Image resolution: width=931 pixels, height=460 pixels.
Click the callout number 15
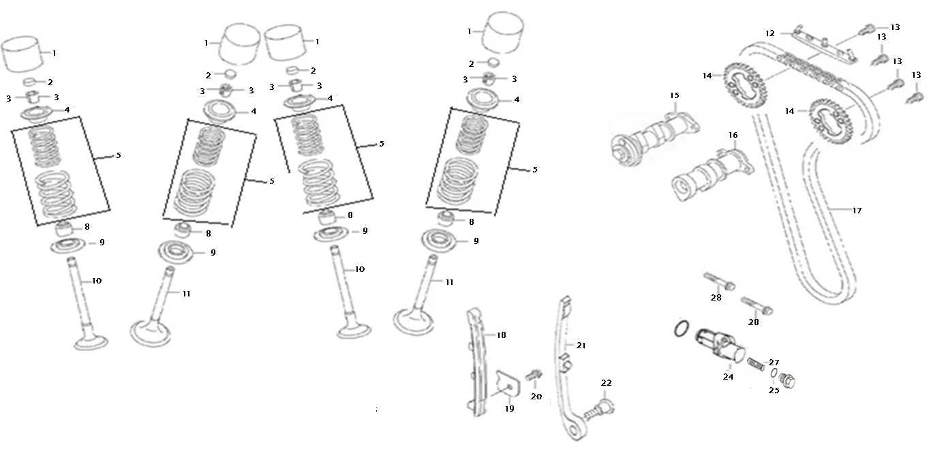coord(674,95)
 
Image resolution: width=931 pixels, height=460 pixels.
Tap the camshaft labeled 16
coord(712,175)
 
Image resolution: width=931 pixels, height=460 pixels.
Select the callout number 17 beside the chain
coord(857,211)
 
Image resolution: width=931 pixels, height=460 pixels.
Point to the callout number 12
coord(769,33)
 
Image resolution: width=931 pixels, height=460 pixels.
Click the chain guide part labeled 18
coord(476,361)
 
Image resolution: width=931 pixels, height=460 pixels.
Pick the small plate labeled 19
coord(508,384)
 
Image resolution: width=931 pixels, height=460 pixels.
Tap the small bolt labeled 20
coord(533,375)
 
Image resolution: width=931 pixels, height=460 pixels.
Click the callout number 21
coord(581,346)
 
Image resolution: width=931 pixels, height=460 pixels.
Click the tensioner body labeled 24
coord(720,346)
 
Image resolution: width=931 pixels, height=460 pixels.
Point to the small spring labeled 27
coord(756,364)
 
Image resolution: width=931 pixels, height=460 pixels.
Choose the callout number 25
coord(774,390)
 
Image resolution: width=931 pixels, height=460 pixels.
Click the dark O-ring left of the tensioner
coord(681,328)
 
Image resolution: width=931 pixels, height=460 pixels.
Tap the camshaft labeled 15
coord(654,139)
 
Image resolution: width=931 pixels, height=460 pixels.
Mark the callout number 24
coord(728,376)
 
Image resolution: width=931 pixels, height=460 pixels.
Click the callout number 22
coord(606,383)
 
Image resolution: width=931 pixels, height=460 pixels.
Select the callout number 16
coord(733,135)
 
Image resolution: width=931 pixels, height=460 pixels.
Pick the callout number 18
coord(501,335)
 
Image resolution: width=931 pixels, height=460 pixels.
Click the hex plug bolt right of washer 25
coord(787,380)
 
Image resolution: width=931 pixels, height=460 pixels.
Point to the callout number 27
coord(774,363)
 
